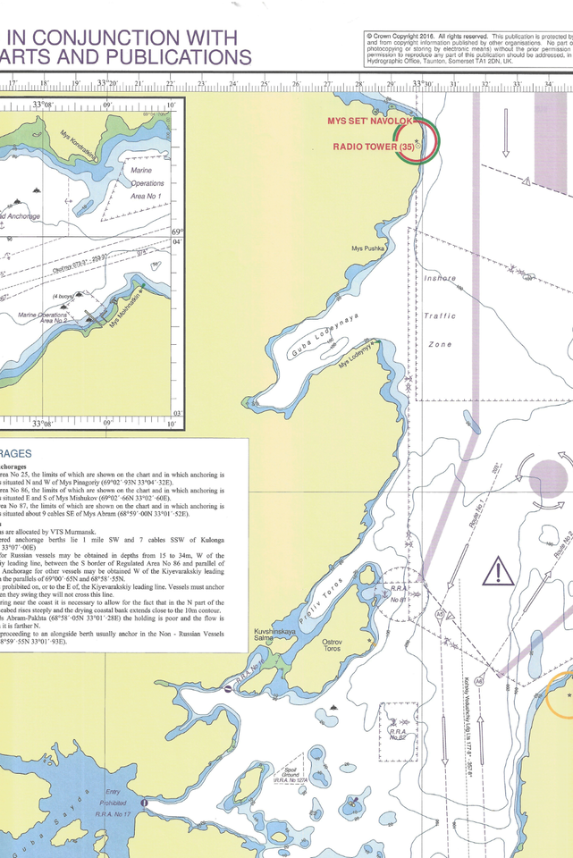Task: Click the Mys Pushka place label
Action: (x=367, y=248)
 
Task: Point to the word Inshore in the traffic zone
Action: (x=440, y=279)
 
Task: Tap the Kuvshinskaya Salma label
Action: (x=264, y=636)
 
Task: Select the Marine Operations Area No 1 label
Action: (x=147, y=181)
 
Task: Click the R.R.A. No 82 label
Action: (x=398, y=734)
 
